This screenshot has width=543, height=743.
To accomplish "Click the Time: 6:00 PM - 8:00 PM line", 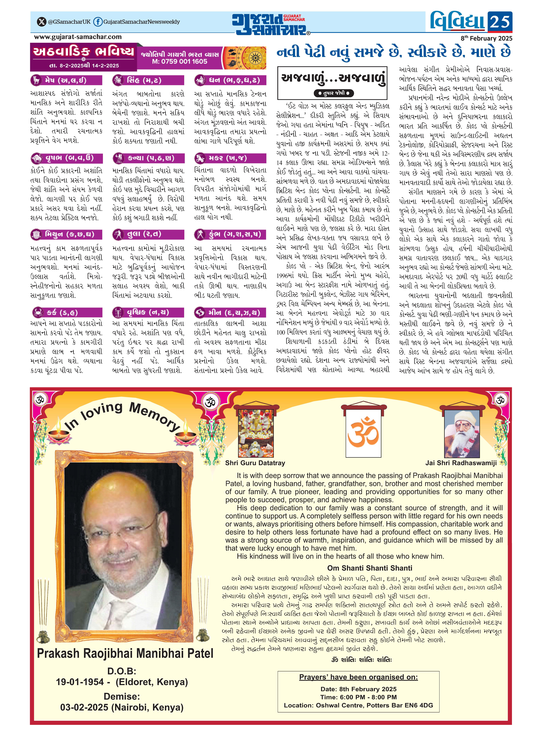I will tap(359, 697).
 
